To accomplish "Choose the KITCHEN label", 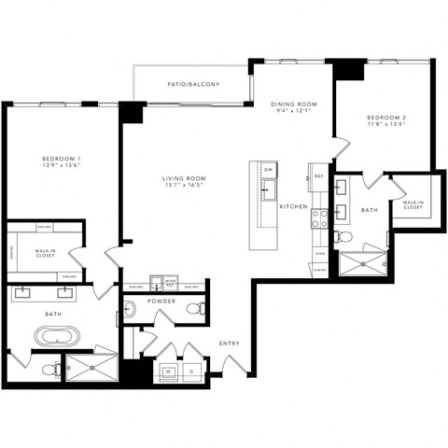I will [x=295, y=204].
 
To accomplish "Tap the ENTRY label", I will [x=229, y=343].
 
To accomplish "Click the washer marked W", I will [x=169, y=371].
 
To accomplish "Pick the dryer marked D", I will [x=192, y=371].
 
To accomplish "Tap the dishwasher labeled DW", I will [x=269, y=170].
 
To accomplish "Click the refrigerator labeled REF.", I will [x=318, y=176].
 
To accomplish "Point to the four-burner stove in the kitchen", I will [x=319, y=217].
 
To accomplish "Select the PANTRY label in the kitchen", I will [x=320, y=269].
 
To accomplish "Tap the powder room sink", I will [x=131, y=308].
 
